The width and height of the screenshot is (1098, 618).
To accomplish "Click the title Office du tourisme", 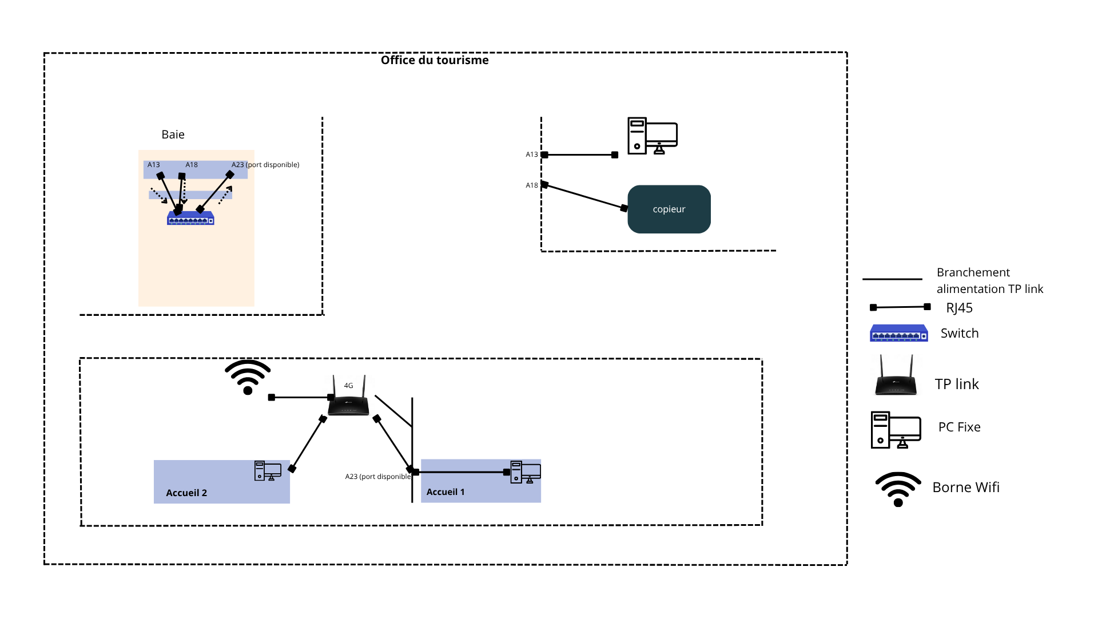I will point(435,60).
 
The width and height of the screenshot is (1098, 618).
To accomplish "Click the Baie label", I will point(173,134).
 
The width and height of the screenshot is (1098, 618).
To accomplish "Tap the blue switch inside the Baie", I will point(190,219).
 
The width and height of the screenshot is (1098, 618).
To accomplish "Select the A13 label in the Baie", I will point(154,165).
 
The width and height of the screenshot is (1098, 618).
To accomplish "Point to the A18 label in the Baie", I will point(192,165).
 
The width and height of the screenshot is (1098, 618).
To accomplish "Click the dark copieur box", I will point(669,209).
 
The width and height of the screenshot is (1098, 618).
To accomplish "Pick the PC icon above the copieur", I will point(652,136).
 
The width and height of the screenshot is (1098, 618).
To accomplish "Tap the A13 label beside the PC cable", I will point(532,154).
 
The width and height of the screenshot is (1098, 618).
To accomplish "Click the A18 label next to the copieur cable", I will point(532,185).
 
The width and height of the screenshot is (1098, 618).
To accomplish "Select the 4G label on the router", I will point(348,386).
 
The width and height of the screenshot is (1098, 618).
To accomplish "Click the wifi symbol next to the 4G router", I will point(248,377).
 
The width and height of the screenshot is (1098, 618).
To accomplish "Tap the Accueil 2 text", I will point(186,493).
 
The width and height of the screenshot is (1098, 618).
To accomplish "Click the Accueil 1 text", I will point(445,492).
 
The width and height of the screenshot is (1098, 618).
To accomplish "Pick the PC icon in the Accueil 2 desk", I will point(268,471).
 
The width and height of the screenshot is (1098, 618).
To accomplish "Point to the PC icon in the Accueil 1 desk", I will point(525,472).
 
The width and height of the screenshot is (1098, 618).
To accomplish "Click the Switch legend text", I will point(960,333).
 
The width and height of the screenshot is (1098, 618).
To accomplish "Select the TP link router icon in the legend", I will point(896,376).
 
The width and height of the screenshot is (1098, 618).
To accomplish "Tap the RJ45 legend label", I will point(959,308).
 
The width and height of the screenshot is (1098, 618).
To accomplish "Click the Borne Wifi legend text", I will point(966,487).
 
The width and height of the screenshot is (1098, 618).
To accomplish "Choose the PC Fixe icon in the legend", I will point(896,430).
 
